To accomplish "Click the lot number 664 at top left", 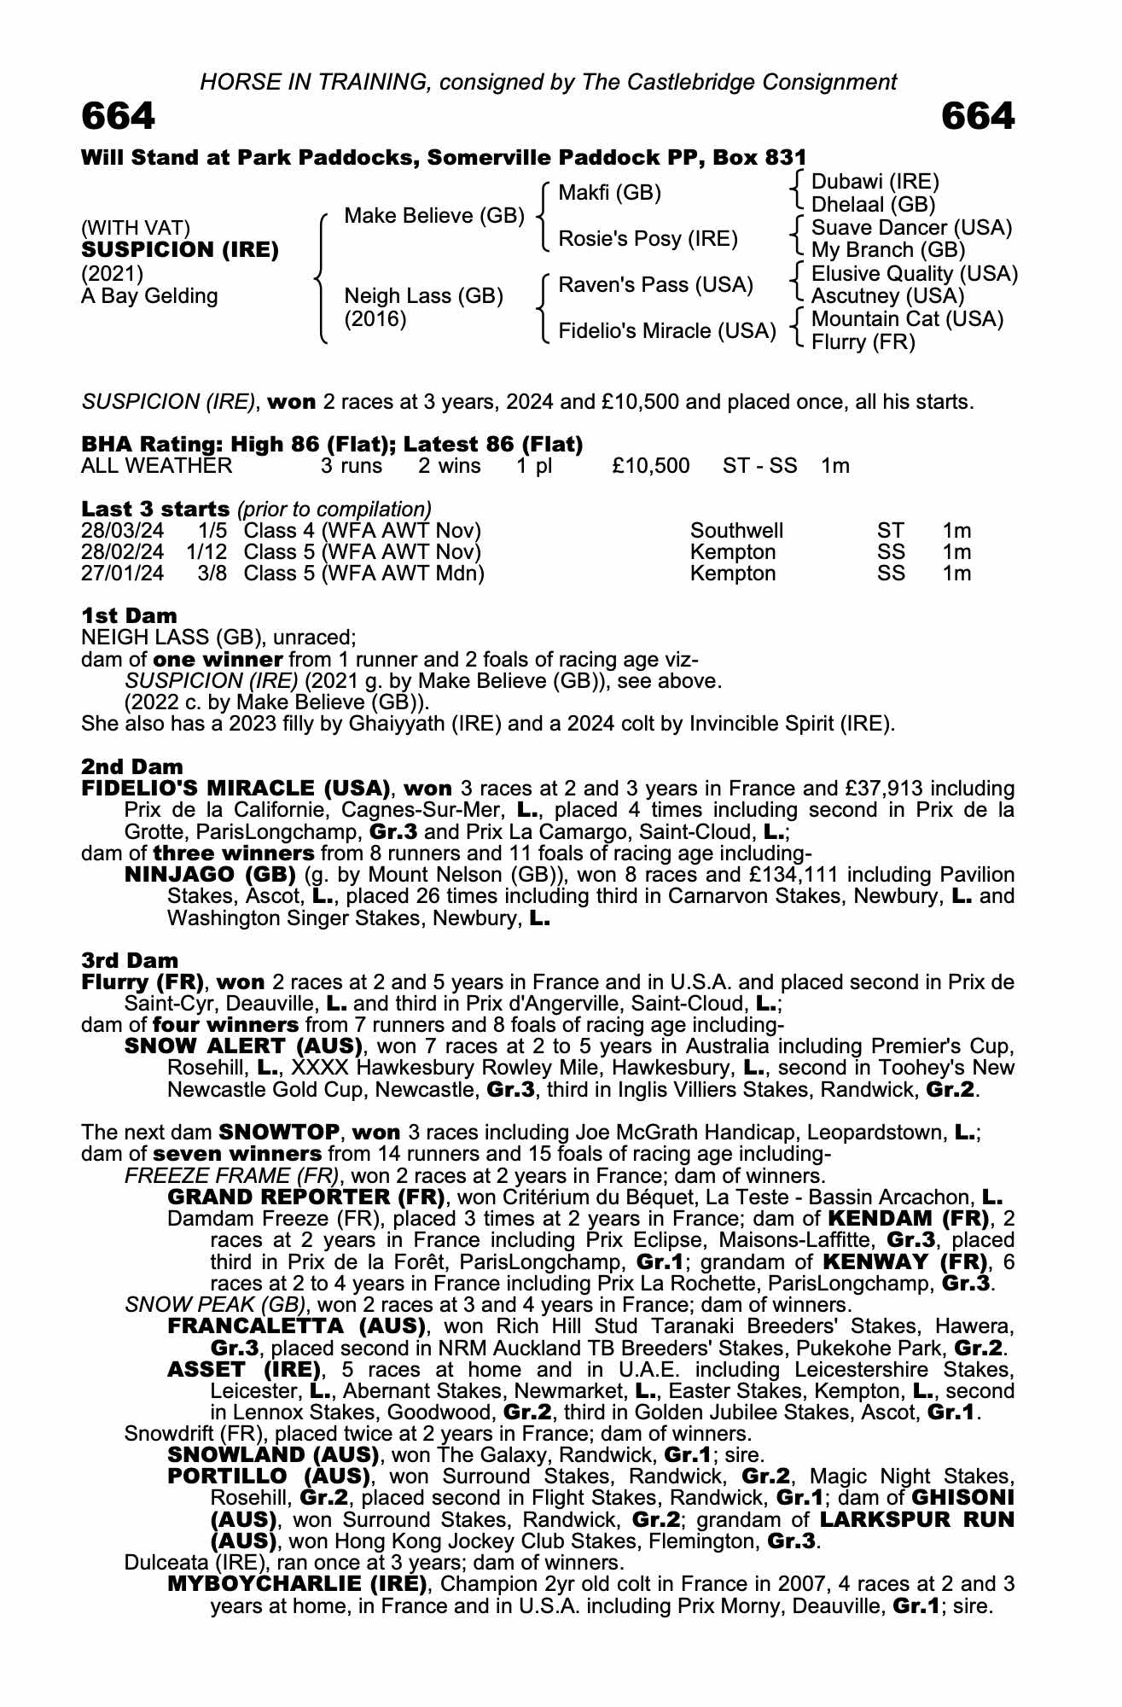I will [118, 117].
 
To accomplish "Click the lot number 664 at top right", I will [978, 117].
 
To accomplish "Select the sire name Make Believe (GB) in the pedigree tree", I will [433, 216].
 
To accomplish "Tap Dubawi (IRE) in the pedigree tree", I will [875, 182].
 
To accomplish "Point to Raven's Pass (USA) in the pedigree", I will [655, 285].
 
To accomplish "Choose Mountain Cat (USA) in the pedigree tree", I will [907, 319].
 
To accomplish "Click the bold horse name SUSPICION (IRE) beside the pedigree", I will [180, 250].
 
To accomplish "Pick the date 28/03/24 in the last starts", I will [122, 531].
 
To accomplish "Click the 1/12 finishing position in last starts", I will [208, 552].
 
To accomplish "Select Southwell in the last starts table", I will [736, 531].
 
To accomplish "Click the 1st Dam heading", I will [129, 615].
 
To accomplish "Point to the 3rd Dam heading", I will [130, 960].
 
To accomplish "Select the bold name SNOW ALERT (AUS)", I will [244, 1046].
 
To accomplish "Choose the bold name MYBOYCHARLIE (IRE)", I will [297, 1585].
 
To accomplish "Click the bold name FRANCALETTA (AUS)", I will [296, 1326].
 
